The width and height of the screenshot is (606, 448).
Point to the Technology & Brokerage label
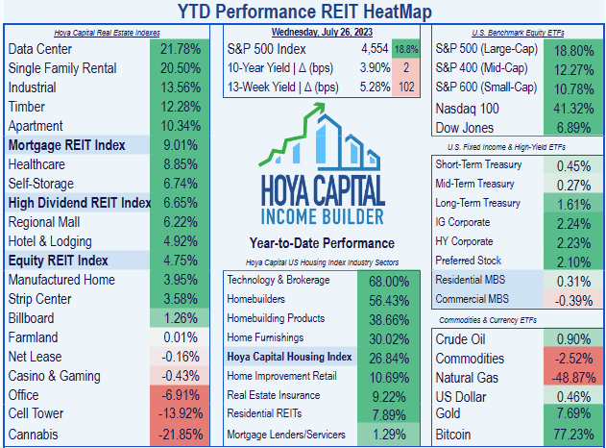pos(283,280)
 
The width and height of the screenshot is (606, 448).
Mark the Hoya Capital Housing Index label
pos(289,356)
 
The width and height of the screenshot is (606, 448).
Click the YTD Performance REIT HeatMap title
pos(303,11)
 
